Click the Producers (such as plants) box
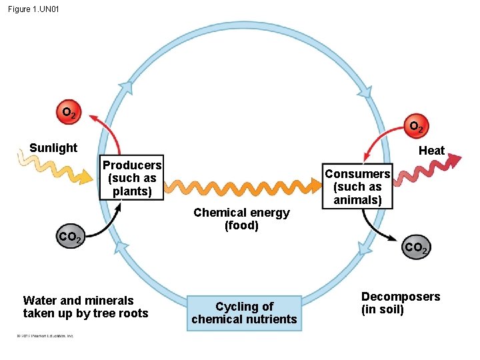[x=132, y=179]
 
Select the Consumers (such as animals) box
[x=357, y=187]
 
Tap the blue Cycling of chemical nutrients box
[x=244, y=313]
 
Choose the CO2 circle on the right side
[x=416, y=248]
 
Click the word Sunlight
[x=53, y=148]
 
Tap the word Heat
[x=431, y=151]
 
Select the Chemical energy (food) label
[x=241, y=219]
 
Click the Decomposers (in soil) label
[x=401, y=303]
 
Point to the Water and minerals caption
[x=85, y=307]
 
